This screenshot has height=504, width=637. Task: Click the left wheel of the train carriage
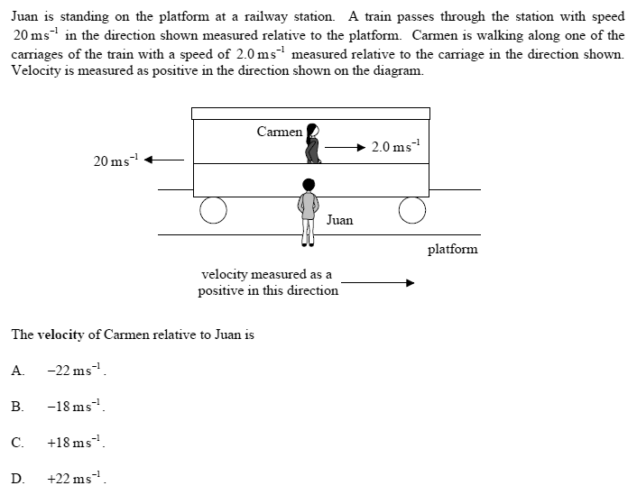tap(213, 210)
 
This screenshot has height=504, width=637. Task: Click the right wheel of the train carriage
tap(411, 210)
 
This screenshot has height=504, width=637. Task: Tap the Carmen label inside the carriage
tap(279, 132)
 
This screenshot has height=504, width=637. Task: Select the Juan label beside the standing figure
tap(340, 219)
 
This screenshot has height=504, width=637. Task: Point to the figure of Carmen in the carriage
tap(313, 144)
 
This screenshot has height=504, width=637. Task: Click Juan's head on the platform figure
tap(309, 185)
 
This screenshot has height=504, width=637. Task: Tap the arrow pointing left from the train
tap(164, 160)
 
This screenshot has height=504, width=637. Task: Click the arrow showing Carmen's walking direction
tap(346, 147)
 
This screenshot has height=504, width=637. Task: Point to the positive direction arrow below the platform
tap(377, 282)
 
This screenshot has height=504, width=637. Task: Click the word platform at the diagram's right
tap(452, 249)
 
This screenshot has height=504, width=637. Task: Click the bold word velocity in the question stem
tap(60, 334)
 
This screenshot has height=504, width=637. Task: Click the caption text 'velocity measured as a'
tap(266, 274)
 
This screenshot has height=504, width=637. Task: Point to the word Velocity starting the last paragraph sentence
tap(35, 71)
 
